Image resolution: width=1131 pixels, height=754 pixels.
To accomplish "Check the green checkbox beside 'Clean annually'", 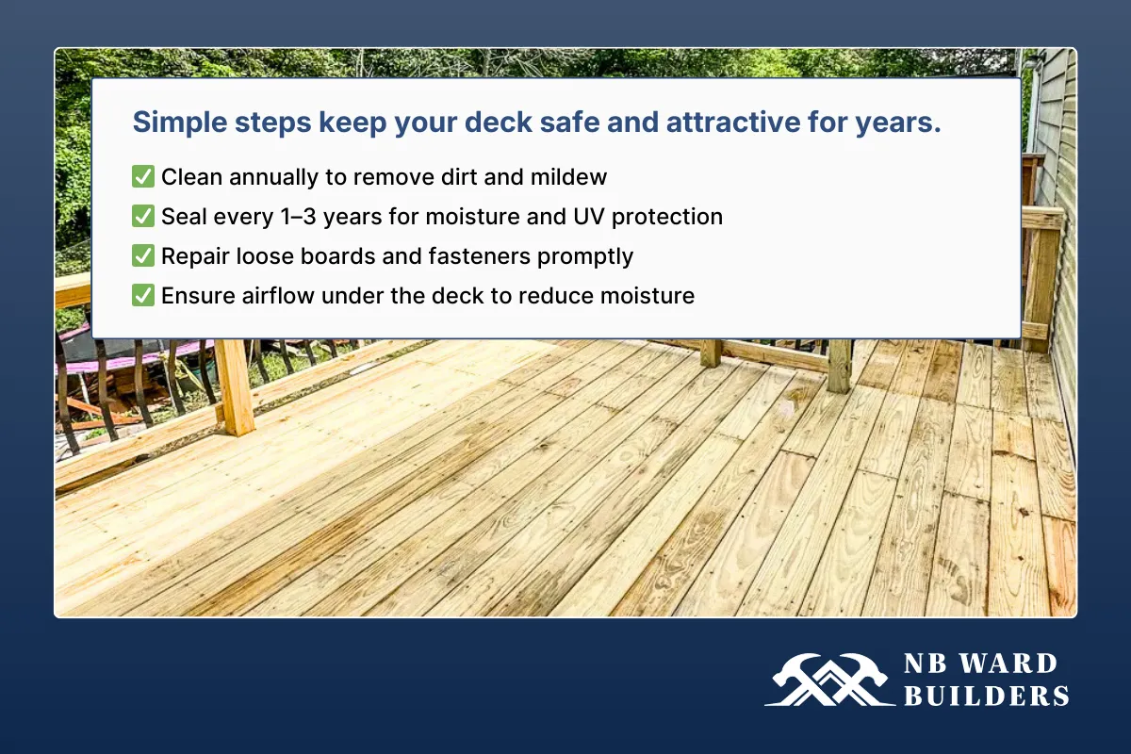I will click(143, 176).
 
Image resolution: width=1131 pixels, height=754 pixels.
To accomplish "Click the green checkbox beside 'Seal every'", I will click(143, 216).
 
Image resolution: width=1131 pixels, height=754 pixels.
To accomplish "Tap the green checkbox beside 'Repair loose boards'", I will click(143, 255).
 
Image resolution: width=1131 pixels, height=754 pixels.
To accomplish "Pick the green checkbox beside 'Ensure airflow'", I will click(143, 295).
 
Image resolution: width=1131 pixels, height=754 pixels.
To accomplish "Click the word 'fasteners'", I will click(495, 255).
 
